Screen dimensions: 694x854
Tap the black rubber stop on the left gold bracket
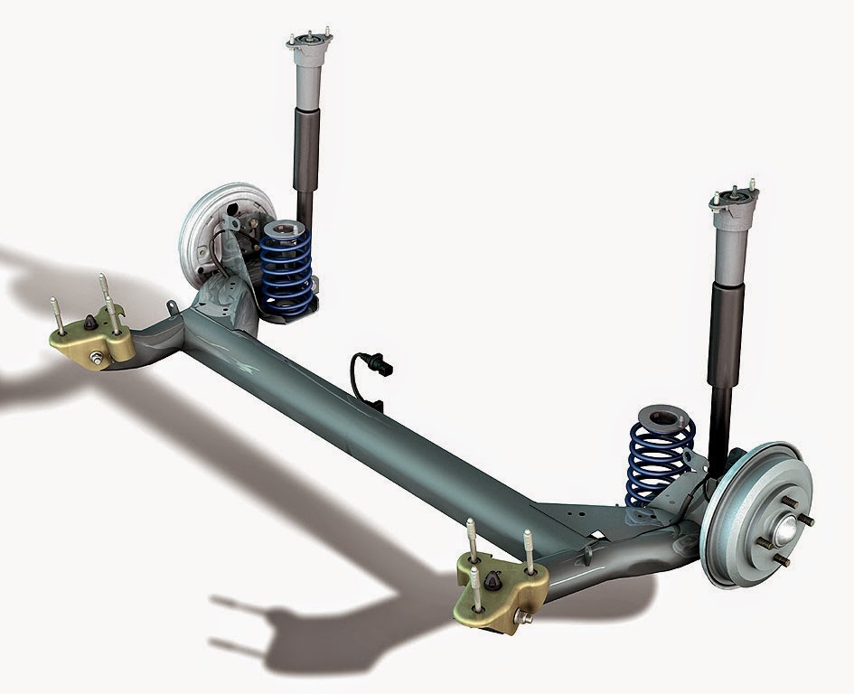click(92, 324)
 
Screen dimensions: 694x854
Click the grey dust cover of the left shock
click(305, 90)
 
